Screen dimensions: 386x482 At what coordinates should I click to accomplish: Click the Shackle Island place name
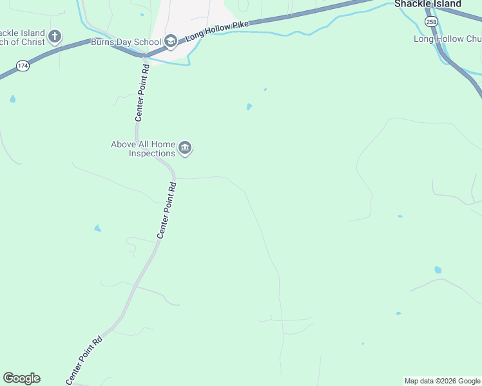coord(428,4)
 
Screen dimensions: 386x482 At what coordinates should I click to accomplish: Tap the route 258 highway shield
coord(430,22)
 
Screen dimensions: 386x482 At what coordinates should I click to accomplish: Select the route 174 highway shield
coord(23,66)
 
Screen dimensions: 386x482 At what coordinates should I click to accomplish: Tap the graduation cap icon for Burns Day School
coord(171,41)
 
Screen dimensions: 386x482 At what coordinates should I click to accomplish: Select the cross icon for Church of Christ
coord(55,36)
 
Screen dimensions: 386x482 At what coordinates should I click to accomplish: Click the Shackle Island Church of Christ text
coord(23,37)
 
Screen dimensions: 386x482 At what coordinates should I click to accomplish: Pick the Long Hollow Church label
coord(447,39)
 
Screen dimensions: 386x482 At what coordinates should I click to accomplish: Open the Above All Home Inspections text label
coord(143,149)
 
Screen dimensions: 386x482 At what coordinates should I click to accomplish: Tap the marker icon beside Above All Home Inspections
coord(185,149)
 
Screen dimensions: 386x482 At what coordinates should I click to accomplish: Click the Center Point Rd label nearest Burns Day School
coord(142,93)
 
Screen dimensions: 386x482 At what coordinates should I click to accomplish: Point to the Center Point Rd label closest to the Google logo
coord(84,362)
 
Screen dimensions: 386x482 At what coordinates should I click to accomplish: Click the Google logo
coord(21,378)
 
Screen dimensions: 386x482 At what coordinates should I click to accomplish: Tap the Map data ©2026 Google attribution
coord(442,381)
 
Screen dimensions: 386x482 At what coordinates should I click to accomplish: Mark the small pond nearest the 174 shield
coord(12,99)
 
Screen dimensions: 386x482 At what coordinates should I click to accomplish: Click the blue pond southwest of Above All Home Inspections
coord(97,228)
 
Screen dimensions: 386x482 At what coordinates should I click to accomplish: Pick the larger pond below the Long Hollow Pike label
coord(249,107)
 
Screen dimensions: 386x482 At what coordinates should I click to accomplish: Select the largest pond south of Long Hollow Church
coord(438,270)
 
